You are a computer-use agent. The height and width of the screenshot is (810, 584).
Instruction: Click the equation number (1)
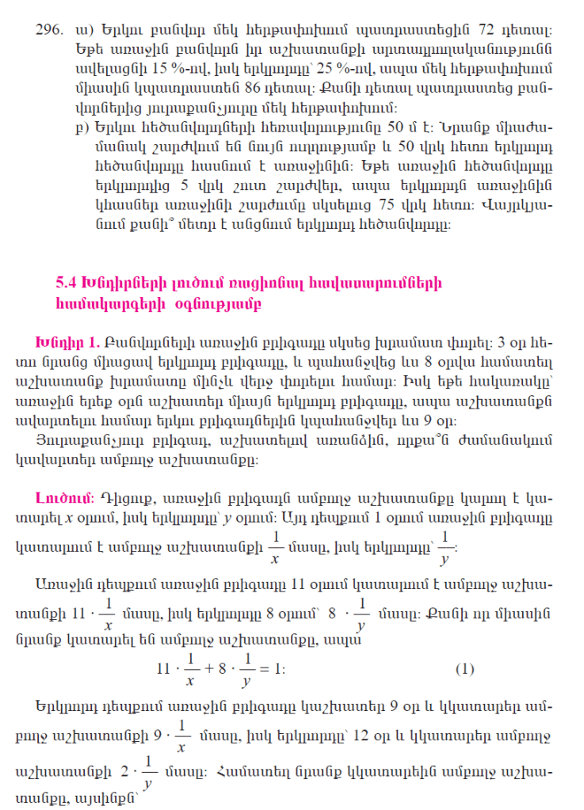464,668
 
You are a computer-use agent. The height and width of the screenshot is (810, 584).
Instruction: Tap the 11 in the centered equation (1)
166,668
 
